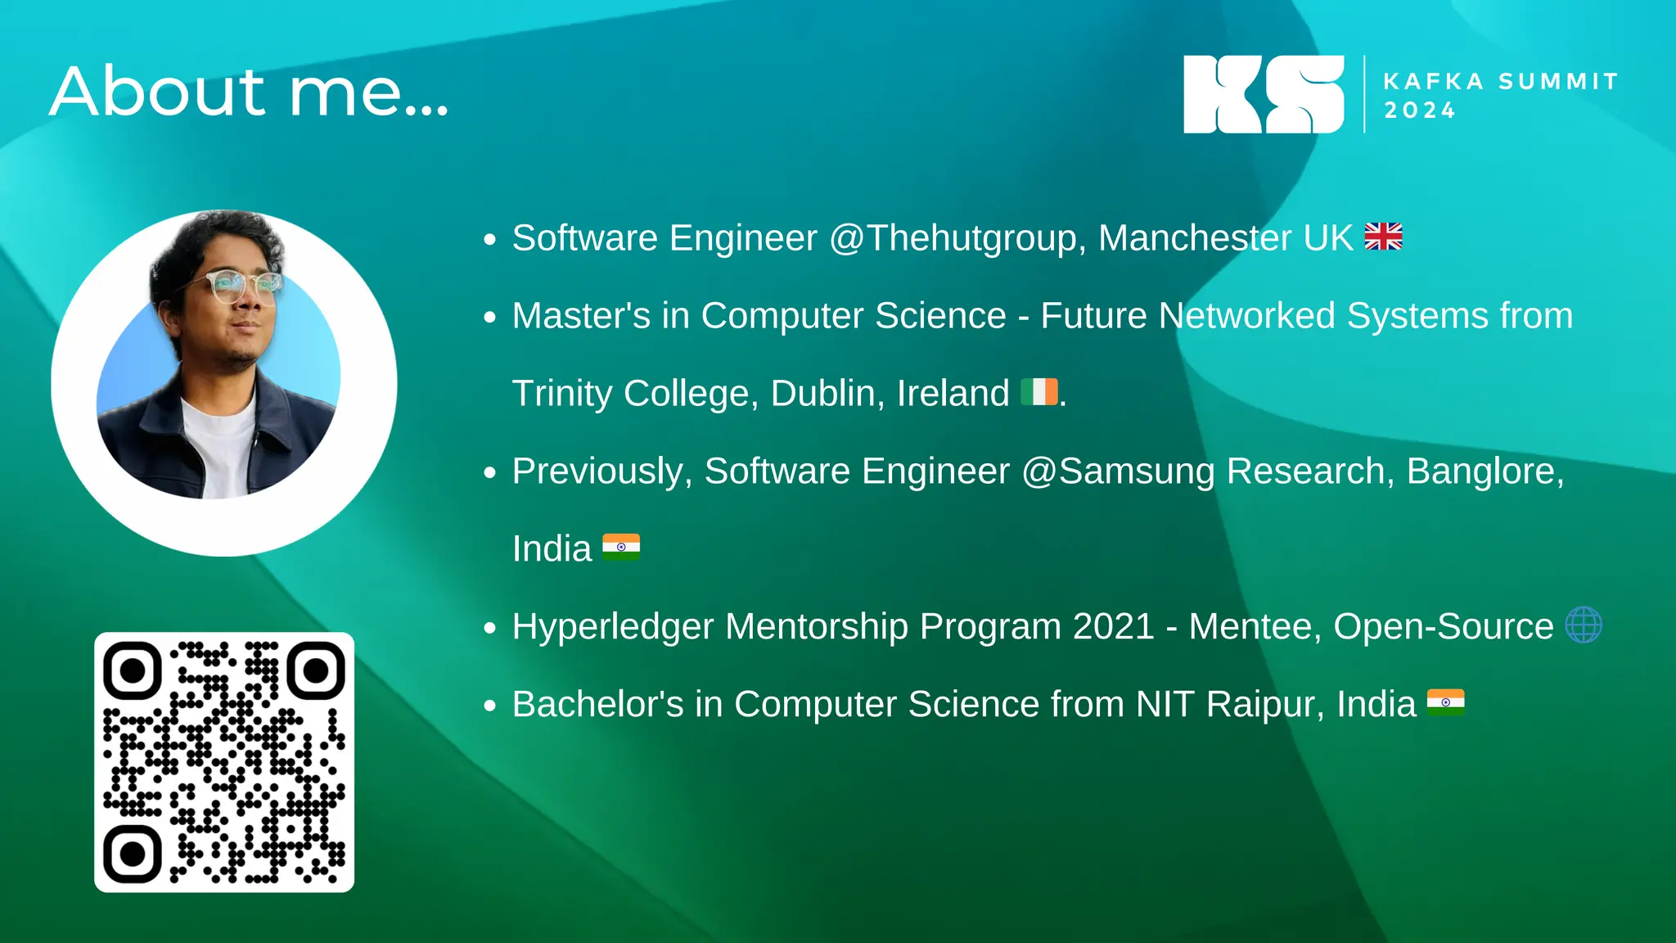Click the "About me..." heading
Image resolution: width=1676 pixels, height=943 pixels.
[x=249, y=92]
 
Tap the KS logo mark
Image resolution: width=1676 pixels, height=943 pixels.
[x=1263, y=94]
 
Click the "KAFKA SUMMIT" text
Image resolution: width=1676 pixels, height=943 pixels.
[x=1501, y=82]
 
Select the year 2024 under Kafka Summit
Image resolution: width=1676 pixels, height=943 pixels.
[x=1420, y=111]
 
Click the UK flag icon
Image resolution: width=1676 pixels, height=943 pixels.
[x=1383, y=237]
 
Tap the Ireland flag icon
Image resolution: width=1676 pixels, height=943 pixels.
[x=1039, y=392]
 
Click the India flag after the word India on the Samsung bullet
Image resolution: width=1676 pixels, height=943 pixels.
[x=621, y=547]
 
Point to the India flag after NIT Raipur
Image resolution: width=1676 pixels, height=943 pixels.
[x=1445, y=702]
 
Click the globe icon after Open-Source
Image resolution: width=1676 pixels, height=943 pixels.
[x=1584, y=625]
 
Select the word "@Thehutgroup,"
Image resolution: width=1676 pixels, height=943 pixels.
[x=957, y=238]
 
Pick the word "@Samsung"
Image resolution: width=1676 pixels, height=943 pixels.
[x=1118, y=471]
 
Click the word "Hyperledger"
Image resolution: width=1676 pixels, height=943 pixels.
[x=613, y=627]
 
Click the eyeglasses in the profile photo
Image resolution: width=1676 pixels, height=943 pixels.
[x=234, y=286]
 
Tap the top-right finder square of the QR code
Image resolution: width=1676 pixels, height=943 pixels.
[x=315, y=670]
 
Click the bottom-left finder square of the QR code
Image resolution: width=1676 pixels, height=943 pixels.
[x=133, y=854]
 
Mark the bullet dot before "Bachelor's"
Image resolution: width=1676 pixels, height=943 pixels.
[x=490, y=706]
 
